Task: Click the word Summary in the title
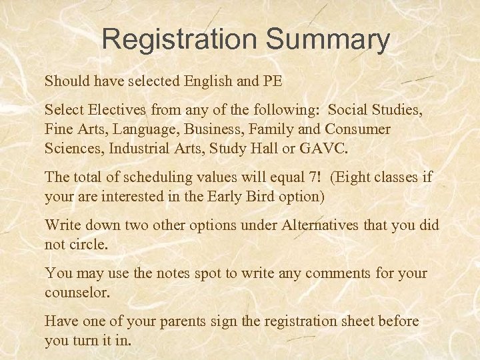pyautogui.click(x=328, y=41)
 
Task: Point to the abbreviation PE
pyautogui.click(x=272, y=82)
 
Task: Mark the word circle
pyautogui.click(x=89, y=244)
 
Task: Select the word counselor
pyautogui.click(x=75, y=292)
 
